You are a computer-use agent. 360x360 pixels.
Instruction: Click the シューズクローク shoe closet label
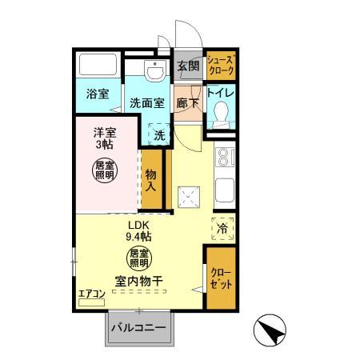tap(221, 66)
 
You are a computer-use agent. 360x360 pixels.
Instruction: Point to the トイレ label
tap(220, 92)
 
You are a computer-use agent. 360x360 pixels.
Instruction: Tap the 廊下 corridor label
tap(187, 103)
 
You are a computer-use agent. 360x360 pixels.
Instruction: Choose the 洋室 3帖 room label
tap(102, 139)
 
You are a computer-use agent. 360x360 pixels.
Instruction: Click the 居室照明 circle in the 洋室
tap(102, 170)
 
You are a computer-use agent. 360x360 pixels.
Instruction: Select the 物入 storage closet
tap(151, 182)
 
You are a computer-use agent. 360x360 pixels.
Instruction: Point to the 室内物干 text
tap(139, 282)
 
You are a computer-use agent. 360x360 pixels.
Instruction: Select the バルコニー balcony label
tap(138, 328)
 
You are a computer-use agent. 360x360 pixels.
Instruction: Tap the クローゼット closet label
tap(221, 280)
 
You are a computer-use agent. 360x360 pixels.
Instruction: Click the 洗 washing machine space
tap(160, 135)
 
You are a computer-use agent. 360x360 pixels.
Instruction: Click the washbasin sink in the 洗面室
tap(152, 71)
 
